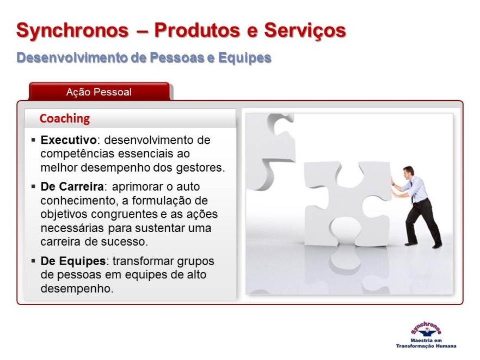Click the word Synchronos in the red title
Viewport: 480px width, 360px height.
click(x=72, y=30)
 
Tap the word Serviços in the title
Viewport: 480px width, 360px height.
click(x=305, y=30)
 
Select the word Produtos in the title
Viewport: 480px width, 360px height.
click(x=197, y=30)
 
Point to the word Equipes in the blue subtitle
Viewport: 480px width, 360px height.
click(x=244, y=58)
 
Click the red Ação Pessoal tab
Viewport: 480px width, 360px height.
click(x=99, y=91)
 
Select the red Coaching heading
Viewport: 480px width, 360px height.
click(x=65, y=119)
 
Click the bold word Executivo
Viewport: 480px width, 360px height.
click(x=69, y=140)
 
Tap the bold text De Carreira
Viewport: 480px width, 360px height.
click(x=72, y=186)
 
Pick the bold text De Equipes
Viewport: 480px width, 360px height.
click(x=73, y=261)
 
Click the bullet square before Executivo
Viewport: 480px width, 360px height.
click(x=33, y=141)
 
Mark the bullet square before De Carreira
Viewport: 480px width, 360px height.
click(x=33, y=186)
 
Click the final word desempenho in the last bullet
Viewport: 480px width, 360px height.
click(x=77, y=289)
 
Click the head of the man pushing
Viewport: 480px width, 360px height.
click(x=408, y=172)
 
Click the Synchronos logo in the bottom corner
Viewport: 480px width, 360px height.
click(x=426, y=335)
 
